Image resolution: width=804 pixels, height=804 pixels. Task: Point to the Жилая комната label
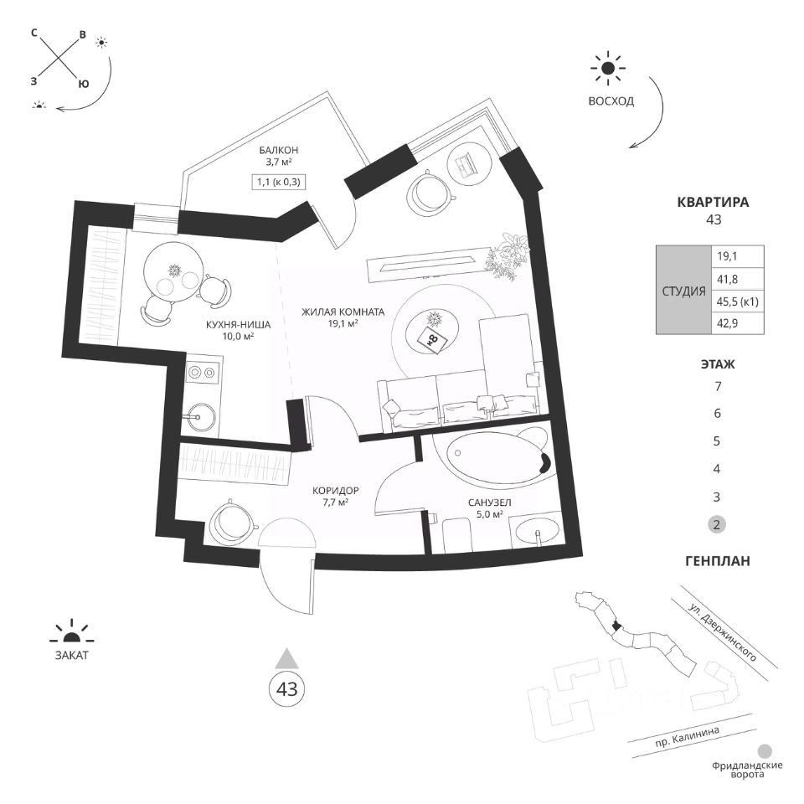343,312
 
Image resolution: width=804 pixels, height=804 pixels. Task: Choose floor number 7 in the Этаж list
716,387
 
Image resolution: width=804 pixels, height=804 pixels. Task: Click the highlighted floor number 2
716,525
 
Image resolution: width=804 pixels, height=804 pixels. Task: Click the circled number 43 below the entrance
287,689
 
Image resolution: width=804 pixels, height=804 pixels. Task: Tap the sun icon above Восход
608,70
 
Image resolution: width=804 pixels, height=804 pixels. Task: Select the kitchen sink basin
202,412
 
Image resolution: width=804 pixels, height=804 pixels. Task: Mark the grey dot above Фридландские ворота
764,752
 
